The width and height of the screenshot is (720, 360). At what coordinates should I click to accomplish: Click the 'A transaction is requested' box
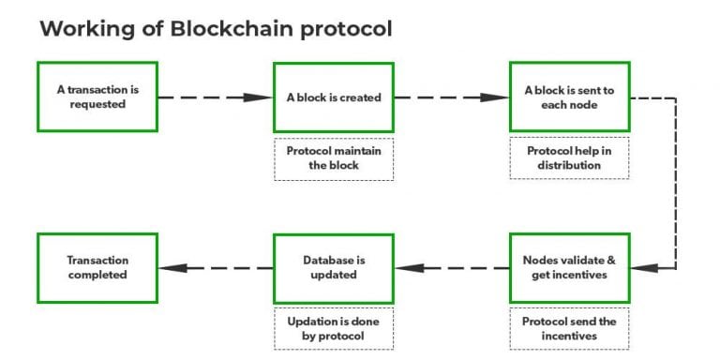click(x=97, y=97)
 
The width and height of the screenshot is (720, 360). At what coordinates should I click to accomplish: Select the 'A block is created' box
click(x=334, y=97)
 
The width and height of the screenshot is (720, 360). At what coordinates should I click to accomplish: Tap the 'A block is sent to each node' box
click(x=569, y=97)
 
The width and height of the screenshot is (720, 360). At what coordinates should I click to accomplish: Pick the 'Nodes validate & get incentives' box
click(x=569, y=267)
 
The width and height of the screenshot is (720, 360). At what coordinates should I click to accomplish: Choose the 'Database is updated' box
click(x=334, y=267)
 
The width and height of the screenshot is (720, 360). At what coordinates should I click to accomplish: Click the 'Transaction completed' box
click(x=97, y=267)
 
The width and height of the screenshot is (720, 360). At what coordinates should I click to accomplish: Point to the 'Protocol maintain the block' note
click(x=334, y=158)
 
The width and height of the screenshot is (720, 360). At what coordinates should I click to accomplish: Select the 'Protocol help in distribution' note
click(x=569, y=158)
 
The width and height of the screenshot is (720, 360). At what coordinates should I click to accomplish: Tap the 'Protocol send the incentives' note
click(x=569, y=328)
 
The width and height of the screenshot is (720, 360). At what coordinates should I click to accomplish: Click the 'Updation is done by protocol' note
click(x=334, y=328)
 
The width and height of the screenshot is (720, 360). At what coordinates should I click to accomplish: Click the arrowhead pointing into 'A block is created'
click(x=260, y=97)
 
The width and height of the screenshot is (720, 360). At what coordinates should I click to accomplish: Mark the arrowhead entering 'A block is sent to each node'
click(x=496, y=97)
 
